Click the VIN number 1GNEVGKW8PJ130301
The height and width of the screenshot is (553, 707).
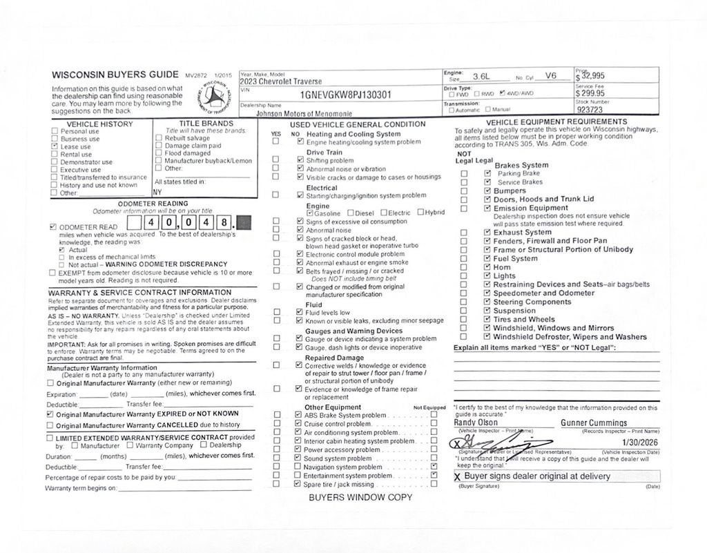tap(346, 95)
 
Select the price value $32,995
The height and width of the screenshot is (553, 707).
tap(592, 76)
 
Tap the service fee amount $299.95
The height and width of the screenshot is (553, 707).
tap(590, 93)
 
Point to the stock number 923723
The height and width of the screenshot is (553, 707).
tap(590, 110)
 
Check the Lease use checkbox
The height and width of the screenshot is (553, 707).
tap(55, 147)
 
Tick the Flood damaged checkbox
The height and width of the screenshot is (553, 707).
tap(159, 153)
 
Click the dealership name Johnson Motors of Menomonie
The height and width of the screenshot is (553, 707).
tap(304, 113)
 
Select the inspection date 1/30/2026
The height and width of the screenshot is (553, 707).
tap(640, 442)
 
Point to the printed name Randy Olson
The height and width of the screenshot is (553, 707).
tap(476, 423)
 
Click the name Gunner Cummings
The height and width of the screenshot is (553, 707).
tap(594, 423)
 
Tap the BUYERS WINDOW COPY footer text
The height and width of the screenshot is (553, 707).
tap(360, 497)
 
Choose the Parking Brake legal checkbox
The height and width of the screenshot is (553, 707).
tap(488, 173)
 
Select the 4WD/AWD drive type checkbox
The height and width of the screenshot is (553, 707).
tap(502, 93)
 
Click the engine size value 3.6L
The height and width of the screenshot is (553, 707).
tap(481, 76)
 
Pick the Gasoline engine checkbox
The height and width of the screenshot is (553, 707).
tap(310, 213)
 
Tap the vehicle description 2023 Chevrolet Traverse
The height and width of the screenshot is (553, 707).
tap(276, 81)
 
